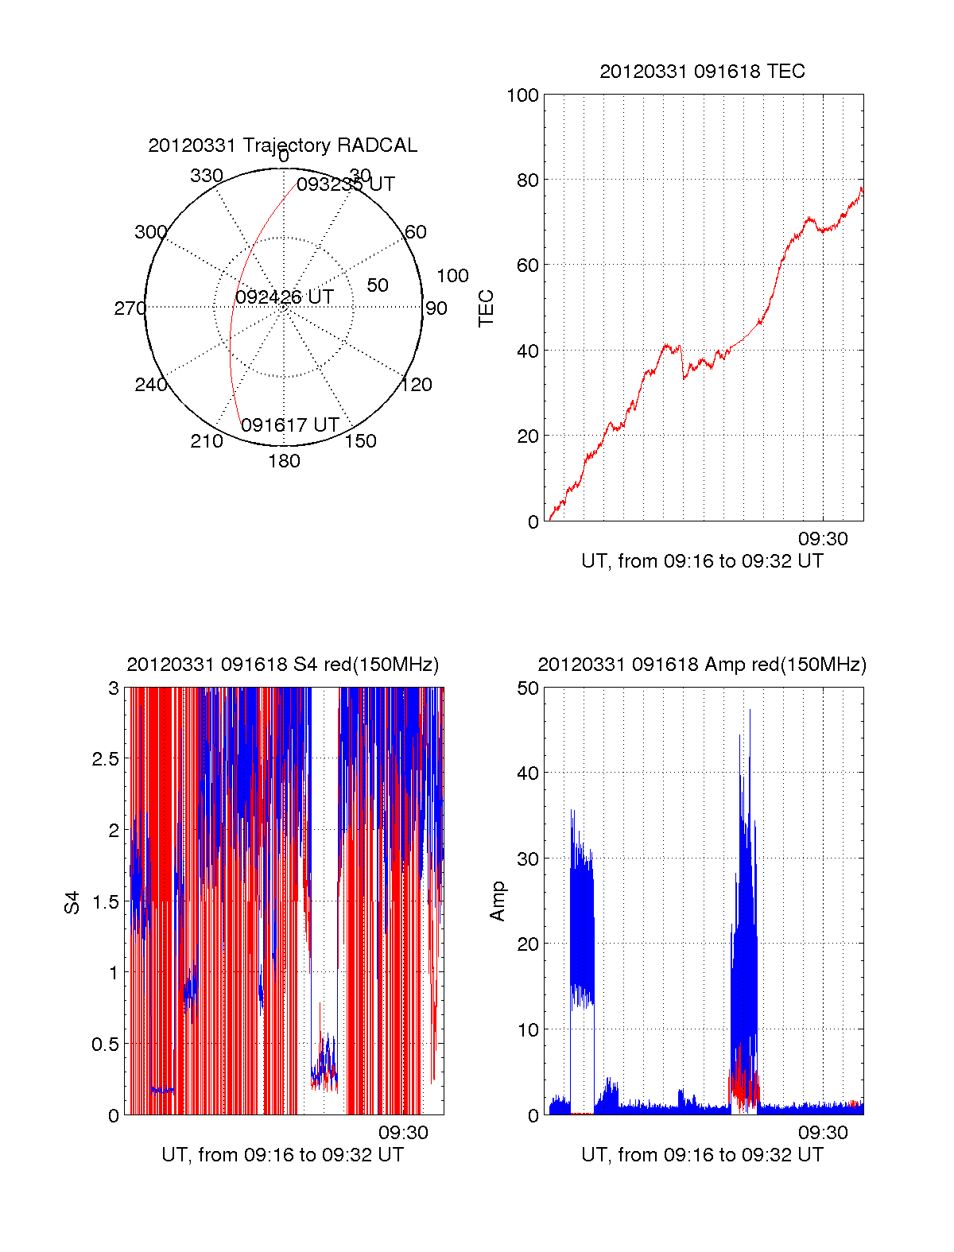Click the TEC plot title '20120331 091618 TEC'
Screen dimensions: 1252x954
(702, 72)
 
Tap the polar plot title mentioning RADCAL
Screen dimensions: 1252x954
(282, 145)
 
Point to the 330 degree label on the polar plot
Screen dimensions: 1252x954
(206, 176)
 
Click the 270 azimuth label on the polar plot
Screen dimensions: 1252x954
(130, 308)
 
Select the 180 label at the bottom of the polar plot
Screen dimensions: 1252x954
(284, 461)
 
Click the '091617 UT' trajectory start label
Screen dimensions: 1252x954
(290, 425)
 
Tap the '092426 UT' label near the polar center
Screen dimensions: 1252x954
(285, 297)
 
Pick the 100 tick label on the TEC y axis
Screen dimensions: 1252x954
(522, 95)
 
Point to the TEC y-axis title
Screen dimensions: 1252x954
(486, 308)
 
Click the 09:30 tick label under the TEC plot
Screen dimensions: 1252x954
(823, 539)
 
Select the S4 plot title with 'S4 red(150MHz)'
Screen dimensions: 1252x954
(282, 665)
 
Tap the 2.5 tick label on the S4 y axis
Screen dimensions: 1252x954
(106, 759)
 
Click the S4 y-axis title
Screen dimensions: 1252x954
(72, 902)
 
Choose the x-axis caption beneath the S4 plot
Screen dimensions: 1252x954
(282, 1154)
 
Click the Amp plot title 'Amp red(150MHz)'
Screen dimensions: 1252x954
(702, 665)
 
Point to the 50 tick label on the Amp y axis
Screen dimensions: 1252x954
(528, 688)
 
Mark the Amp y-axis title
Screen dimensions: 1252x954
(498, 901)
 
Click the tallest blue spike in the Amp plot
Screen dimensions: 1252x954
(750, 711)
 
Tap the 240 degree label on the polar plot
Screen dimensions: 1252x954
(150, 385)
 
